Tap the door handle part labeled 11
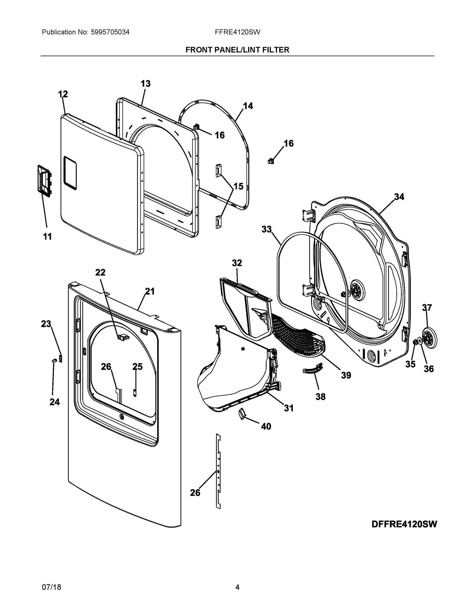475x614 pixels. pyautogui.click(x=44, y=180)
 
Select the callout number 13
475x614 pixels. pyautogui.click(x=145, y=83)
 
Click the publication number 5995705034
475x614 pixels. pyautogui.click(x=110, y=32)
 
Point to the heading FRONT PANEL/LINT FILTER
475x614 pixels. pyautogui.click(x=237, y=50)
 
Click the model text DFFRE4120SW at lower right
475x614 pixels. pyautogui.click(x=404, y=524)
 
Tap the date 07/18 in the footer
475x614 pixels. pyautogui.click(x=51, y=587)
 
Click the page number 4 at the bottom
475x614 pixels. pyautogui.click(x=237, y=587)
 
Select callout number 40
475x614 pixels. pyautogui.click(x=266, y=426)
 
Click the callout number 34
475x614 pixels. pyautogui.click(x=399, y=197)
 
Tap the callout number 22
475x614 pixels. pyautogui.click(x=100, y=272)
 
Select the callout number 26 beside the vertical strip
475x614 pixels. pyautogui.click(x=195, y=492)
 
